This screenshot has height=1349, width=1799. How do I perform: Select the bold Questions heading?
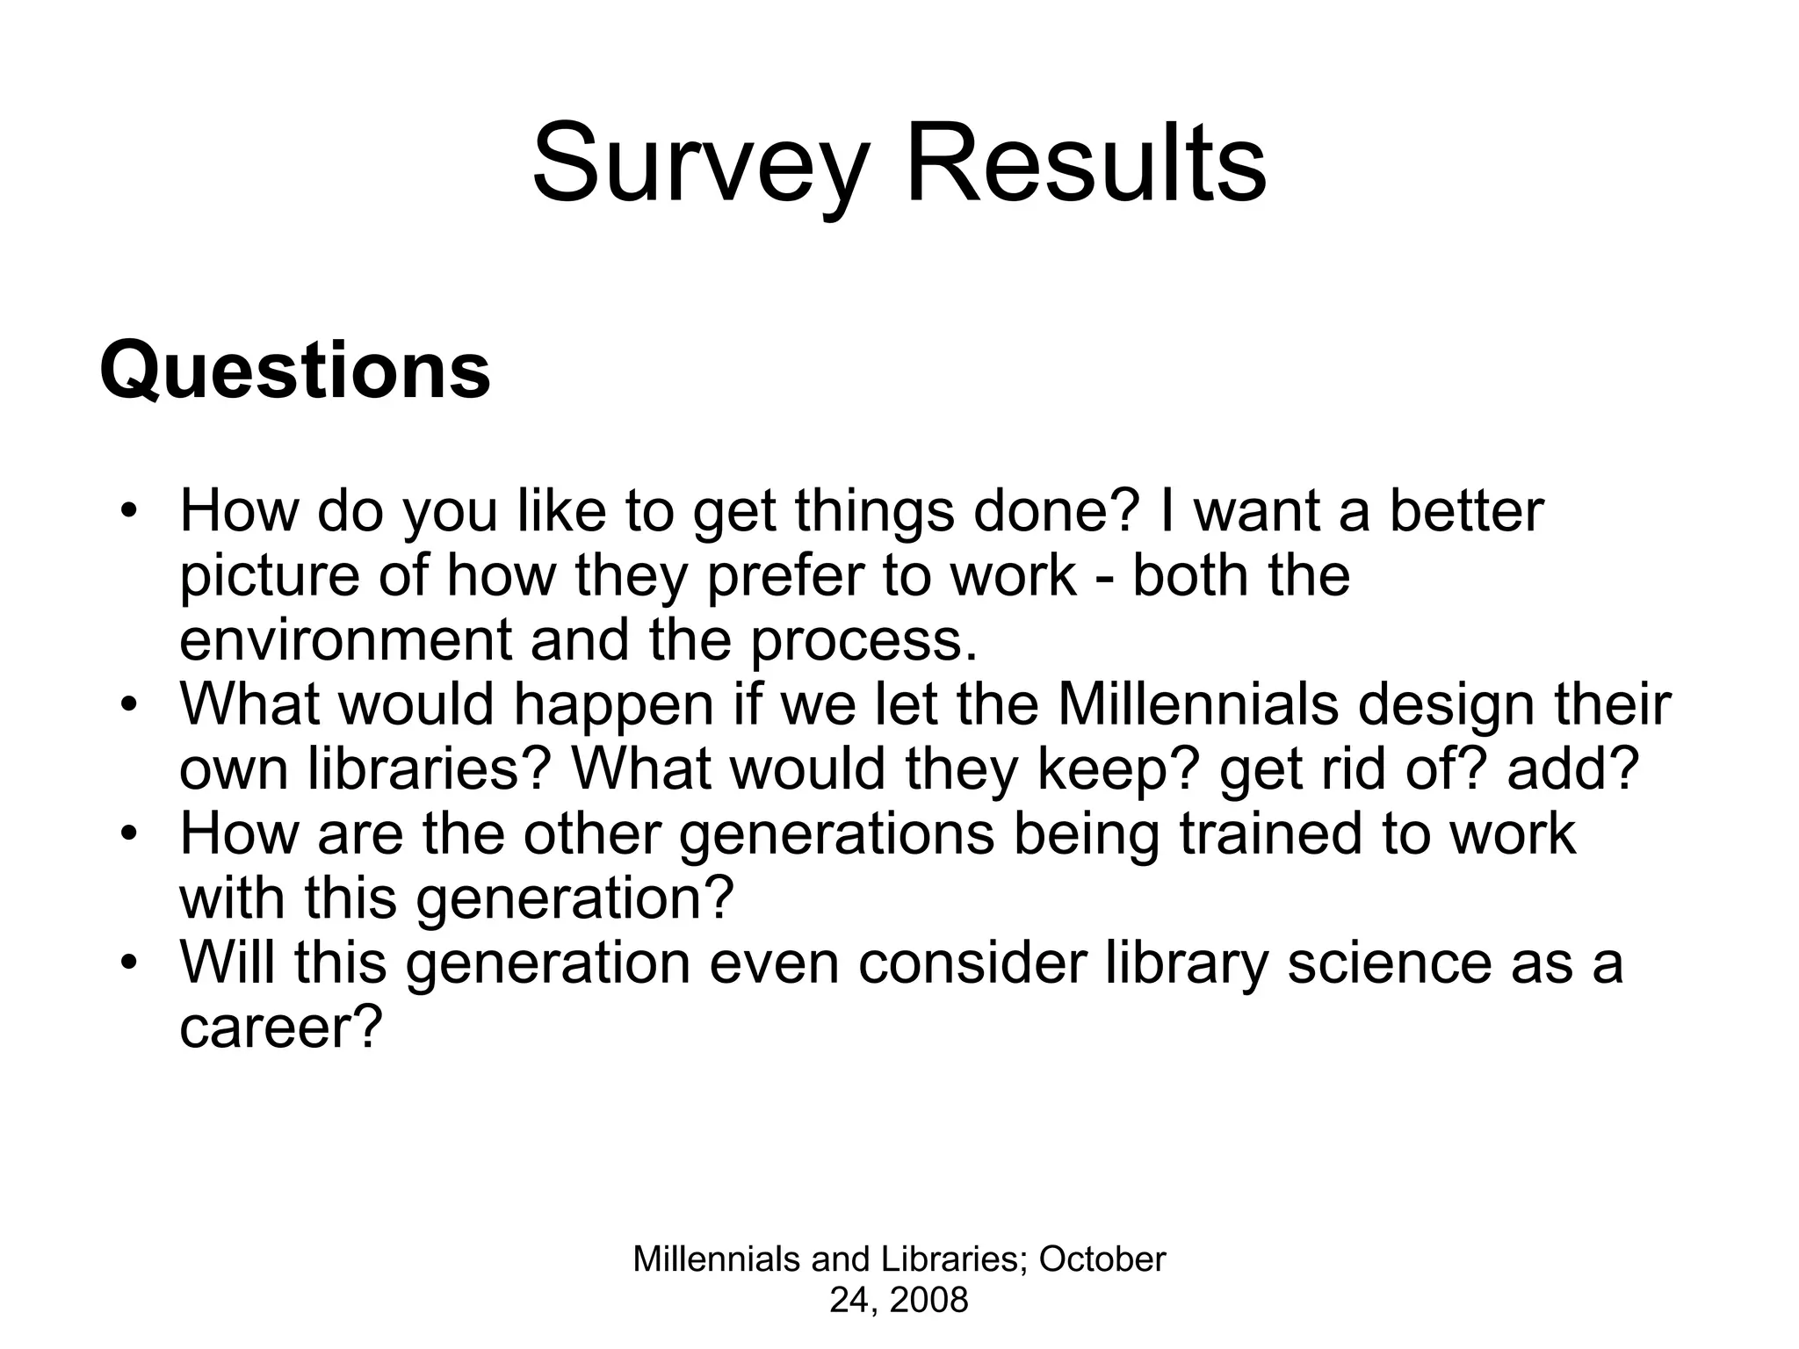click(x=294, y=371)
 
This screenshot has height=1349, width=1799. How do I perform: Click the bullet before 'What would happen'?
click(x=130, y=704)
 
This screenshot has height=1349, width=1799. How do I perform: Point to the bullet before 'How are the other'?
click(x=130, y=833)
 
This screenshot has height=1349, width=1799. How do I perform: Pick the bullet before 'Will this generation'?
click(x=130, y=963)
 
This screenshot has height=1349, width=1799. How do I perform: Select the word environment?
click(x=345, y=640)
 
